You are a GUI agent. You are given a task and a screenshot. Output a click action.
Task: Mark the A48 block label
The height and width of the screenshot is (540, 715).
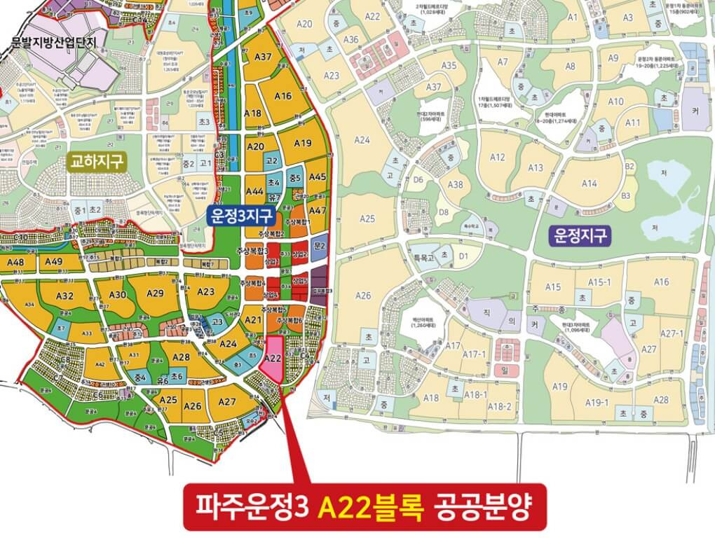pos(15,262)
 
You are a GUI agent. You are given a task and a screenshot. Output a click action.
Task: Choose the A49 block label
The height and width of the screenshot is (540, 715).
pos(53,262)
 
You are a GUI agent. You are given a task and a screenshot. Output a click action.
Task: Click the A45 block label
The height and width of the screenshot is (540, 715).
pos(318,177)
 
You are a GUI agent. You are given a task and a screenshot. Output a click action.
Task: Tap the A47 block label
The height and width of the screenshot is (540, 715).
pos(318,210)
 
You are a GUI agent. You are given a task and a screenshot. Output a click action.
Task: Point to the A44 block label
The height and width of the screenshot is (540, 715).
pos(254,191)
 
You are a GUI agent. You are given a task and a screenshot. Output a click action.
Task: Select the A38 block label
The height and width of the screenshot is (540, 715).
pos(456,185)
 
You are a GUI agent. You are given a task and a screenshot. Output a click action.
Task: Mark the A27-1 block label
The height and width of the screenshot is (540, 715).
pos(672,333)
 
